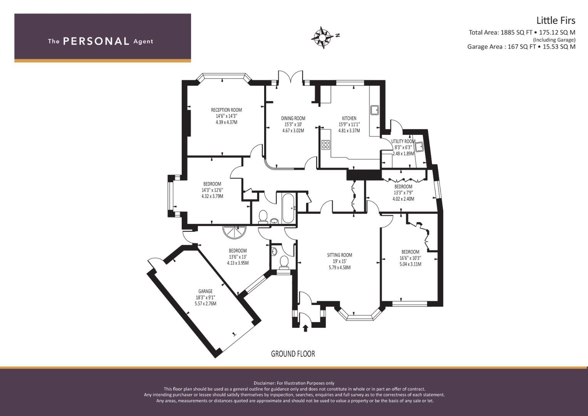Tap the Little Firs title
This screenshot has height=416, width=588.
pyautogui.click(x=556, y=20)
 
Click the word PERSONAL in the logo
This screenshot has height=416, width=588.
pyautogui.click(x=96, y=41)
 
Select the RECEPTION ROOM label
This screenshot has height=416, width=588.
pyautogui.click(x=226, y=110)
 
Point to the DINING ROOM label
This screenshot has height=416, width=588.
pyautogui.click(x=293, y=119)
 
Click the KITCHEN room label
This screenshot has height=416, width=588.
pyautogui.click(x=349, y=119)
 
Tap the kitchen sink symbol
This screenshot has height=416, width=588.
pyautogui.click(x=375, y=110)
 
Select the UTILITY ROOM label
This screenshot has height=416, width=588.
pyautogui.click(x=403, y=141)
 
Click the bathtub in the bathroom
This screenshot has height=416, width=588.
pyautogui.click(x=289, y=209)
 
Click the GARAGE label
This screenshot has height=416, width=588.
pyautogui.click(x=205, y=291)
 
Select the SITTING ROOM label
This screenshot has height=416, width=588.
pyautogui.click(x=339, y=255)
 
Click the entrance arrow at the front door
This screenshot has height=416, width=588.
pyautogui.click(x=305, y=328)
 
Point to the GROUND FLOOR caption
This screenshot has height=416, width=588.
pyautogui.click(x=293, y=354)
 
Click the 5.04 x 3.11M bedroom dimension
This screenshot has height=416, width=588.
pyautogui.click(x=410, y=264)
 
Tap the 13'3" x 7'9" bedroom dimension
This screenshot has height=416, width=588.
pyautogui.click(x=403, y=193)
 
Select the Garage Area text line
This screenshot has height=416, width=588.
pyautogui.click(x=521, y=47)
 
